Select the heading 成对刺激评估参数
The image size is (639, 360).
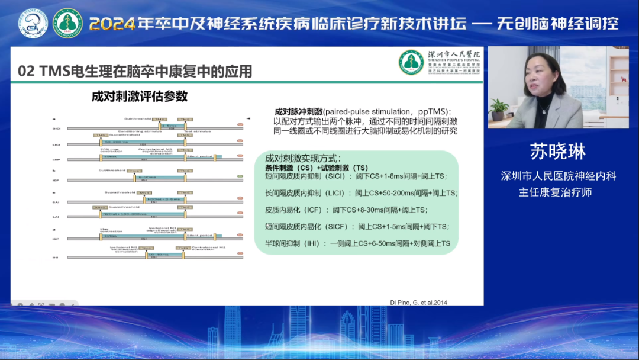click(140, 96)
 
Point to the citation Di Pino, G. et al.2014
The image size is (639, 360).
click(419, 302)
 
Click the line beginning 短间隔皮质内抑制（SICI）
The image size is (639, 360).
click(356, 176)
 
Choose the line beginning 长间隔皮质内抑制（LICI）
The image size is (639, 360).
click(362, 193)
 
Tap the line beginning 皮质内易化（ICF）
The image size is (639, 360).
click(346, 210)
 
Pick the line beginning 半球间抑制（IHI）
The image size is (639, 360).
click(358, 243)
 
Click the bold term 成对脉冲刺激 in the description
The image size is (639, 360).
click(299, 111)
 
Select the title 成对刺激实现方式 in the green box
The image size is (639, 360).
click(303, 159)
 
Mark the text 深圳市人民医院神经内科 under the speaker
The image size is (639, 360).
click(559, 176)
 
